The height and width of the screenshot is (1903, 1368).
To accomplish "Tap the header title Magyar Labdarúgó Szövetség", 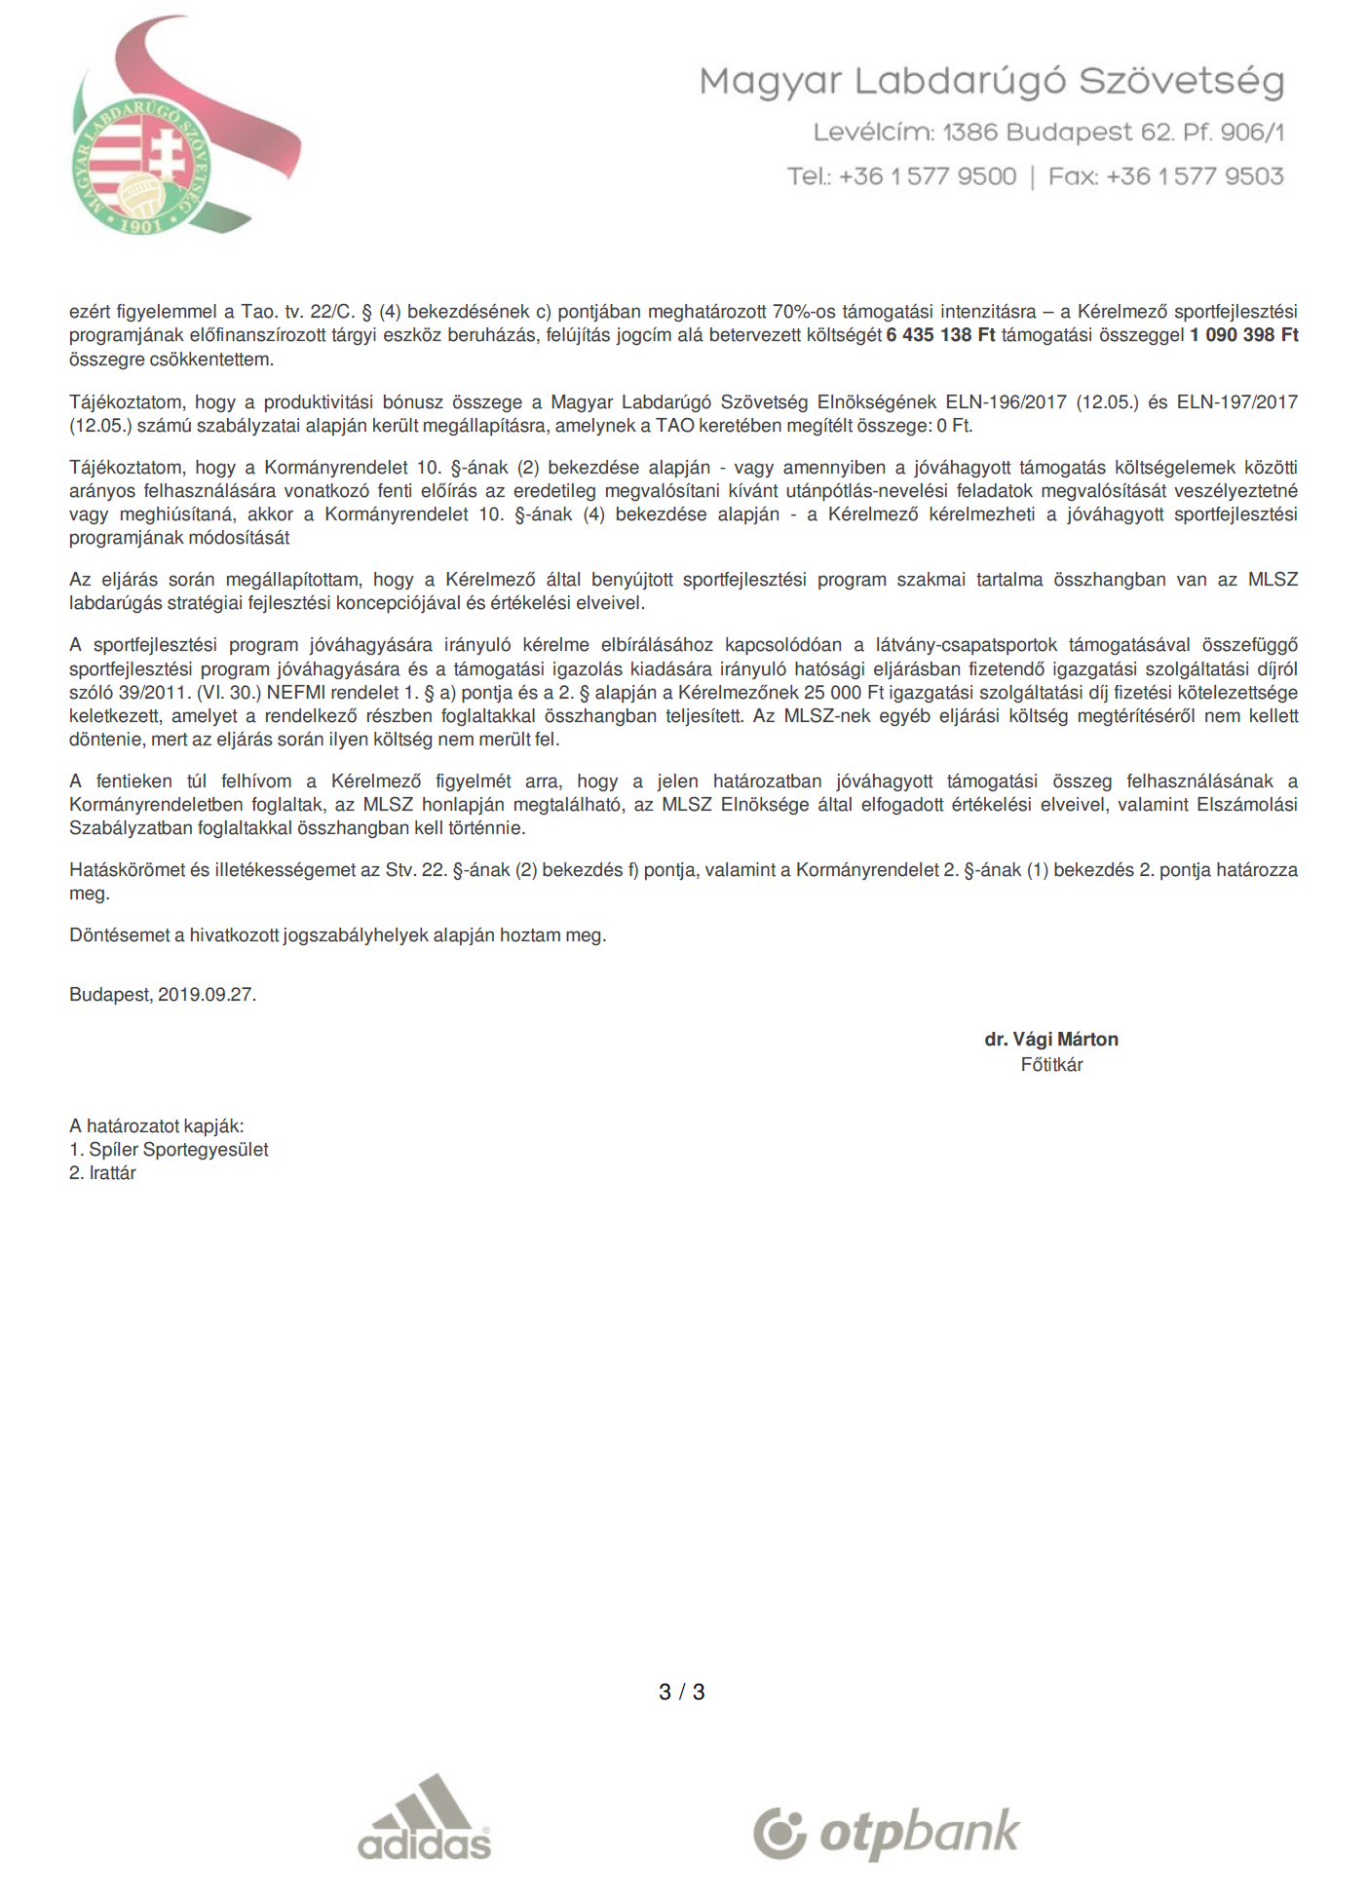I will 991,81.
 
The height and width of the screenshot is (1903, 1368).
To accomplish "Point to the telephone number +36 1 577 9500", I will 927,176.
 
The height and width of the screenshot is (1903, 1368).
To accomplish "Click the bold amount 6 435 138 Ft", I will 940,335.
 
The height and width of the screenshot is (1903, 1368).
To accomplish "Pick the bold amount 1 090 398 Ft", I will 1243,335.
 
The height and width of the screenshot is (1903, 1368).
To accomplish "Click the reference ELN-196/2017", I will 1006,402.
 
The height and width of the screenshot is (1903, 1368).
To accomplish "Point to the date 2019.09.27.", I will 207,995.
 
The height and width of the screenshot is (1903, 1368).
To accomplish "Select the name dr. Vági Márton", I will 1050,1040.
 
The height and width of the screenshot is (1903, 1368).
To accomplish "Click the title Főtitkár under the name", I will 1051,1065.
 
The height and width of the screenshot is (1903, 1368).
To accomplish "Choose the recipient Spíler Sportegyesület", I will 178,1150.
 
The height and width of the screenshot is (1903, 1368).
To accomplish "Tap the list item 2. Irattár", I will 102,1173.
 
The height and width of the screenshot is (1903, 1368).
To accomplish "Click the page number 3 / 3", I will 681,1693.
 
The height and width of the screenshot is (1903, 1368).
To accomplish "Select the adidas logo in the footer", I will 425,1817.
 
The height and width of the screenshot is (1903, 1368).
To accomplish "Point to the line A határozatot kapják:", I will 156,1126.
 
